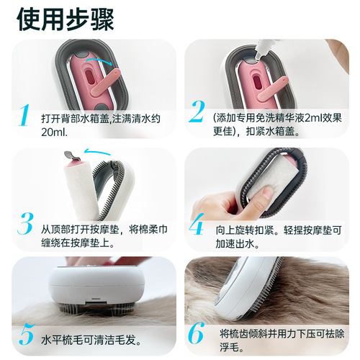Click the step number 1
(x=25, y=116)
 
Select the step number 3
(x=25, y=224)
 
